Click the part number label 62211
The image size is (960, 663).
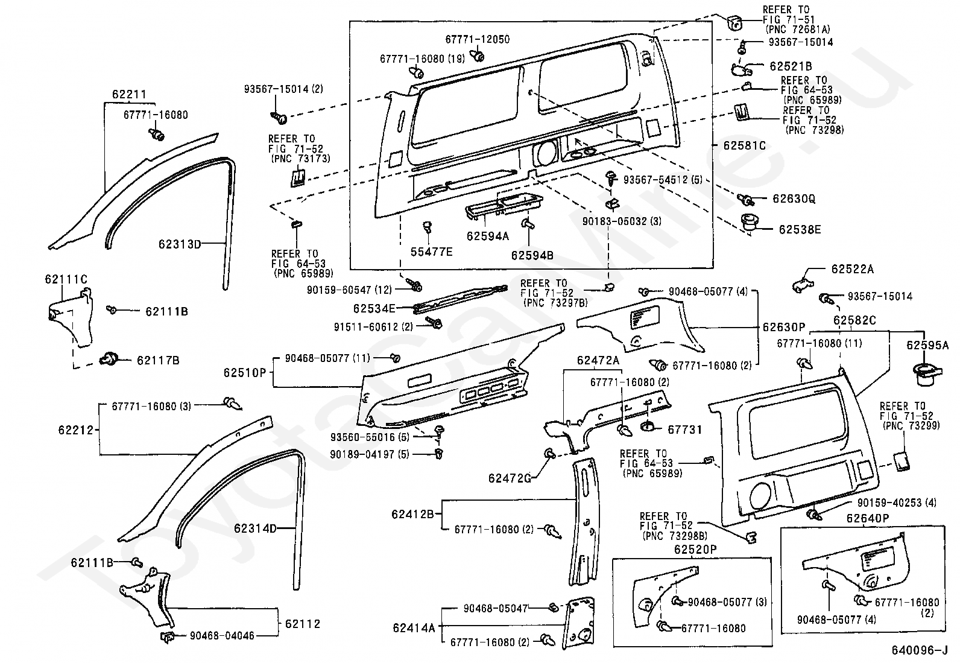(x=129, y=94)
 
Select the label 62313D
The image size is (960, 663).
(x=180, y=244)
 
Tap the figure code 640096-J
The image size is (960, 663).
(x=920, y=650)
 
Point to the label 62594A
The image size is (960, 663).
(x=488, y=236)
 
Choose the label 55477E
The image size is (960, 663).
(x=432, y=252)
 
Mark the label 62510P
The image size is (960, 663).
(x=245, y=373)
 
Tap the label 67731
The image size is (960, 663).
(x=685, y=430)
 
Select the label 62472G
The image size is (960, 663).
(x=510, y=478)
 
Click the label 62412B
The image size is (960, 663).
(x=412, y=514)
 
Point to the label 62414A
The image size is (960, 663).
(x=414, y=628)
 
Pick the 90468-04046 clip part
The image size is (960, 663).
(x=167, y=637)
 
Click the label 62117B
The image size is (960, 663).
(x=158, y=360)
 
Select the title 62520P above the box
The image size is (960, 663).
(x=695, y=550)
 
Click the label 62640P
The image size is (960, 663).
(x=868, y=518)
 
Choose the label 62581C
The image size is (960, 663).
(x=745, y=145)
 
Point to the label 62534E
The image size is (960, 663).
(x=374, y=308)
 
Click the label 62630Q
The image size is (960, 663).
(x=794, y=198)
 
